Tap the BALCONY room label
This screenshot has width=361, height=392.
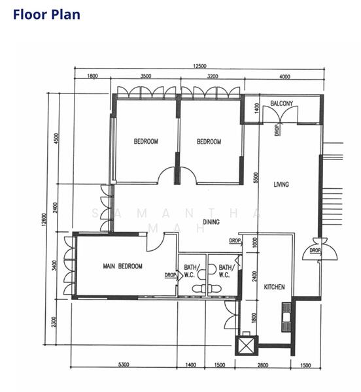pos(281,103)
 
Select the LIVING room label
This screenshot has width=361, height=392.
pos(281,185)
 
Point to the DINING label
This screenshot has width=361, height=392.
pos(211,222)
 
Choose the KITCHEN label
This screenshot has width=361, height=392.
pos(273,287)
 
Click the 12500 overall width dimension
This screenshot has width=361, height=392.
pos(199,65)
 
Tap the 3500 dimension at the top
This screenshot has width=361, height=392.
pos(146,76)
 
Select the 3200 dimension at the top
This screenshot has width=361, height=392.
pos(212,76)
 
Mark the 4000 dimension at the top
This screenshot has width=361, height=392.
pos(284,76)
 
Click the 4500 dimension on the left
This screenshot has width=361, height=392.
pos(57,139)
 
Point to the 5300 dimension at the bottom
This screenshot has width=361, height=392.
pos(123,365)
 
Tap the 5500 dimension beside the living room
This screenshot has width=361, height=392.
pos(256,177)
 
